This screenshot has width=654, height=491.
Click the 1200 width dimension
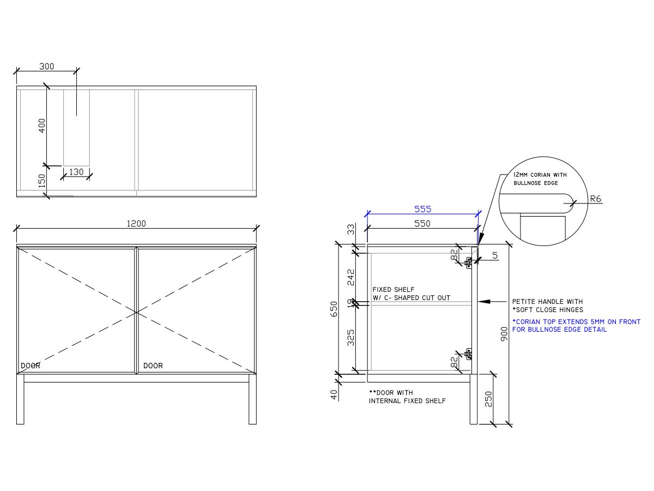pos(137,223)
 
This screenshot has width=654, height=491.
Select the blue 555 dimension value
pos(422,209)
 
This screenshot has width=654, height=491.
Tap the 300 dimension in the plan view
pos(47,67)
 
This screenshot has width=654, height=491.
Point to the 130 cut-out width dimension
pos(77,172)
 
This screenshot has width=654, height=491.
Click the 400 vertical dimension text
pos(42,125)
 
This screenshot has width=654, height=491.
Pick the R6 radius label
pos(596,199)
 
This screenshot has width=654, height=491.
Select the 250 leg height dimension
pos(489,399)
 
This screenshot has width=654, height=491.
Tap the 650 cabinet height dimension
pos(334,309)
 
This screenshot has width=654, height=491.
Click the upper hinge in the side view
pos(468,262)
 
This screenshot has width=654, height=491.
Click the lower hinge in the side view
pos(468,354)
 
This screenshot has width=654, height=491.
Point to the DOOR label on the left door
pos(31,366)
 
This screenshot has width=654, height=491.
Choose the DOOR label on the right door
pos(153,366)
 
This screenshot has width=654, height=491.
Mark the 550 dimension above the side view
pos(422,224)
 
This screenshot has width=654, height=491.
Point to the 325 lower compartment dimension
pos(351,337)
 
